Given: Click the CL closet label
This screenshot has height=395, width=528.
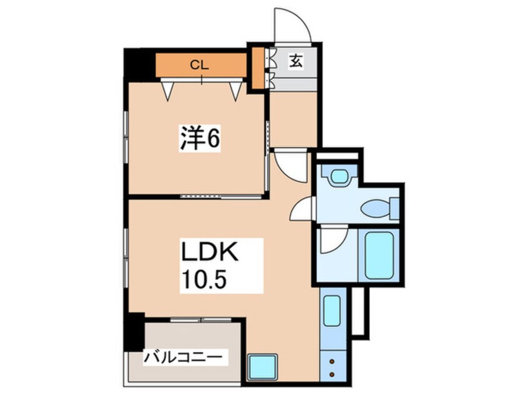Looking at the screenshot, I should click(x=199, y=64).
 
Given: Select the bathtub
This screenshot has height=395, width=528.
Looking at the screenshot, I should click(x=379, y=255).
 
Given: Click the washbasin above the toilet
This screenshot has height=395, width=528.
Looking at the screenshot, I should click(x=339, y=177).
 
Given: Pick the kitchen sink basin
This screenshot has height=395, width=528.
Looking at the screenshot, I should click(x=332, y=310).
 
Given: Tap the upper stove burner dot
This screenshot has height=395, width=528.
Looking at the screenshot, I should click(x=331, y=361).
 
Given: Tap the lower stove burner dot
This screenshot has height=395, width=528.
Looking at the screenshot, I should click(x=331, y=374).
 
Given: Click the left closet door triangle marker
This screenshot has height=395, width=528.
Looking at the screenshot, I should click(x=168, y=91).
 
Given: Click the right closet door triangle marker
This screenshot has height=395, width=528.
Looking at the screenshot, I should click(x=235, y=91).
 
